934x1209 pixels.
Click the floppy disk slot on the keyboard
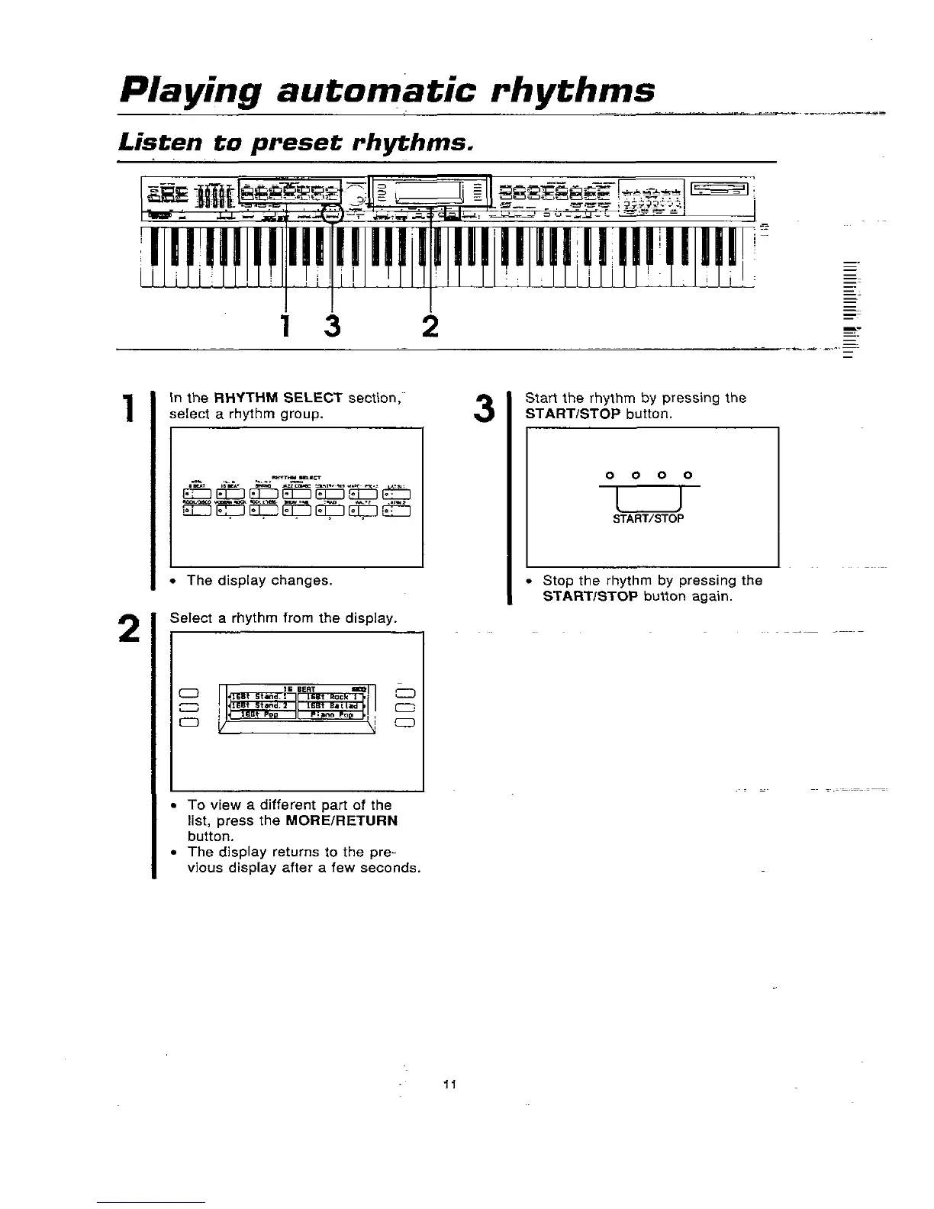(721, 189)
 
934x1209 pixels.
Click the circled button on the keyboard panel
(332, 214)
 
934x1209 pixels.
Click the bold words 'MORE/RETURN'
(341, 821)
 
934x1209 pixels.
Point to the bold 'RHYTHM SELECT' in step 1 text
(278, 398)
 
